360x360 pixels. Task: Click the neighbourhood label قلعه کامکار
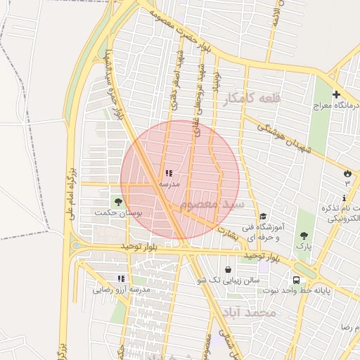coord(251,98)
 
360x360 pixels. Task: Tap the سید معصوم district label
coord(211,205)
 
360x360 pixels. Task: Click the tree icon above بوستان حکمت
coord(117,202)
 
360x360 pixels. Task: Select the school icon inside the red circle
coord(168,173)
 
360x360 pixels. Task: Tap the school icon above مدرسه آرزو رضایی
coord(122,279)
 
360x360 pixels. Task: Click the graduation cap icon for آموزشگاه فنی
coord(263,217)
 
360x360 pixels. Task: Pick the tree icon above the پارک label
coord(304,236)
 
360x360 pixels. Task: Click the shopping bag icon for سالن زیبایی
coord(228,270)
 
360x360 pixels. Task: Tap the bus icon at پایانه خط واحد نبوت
coord(295,280)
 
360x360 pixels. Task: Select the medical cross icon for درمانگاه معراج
coord(336,94)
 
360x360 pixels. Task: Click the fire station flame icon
coord(347,173)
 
